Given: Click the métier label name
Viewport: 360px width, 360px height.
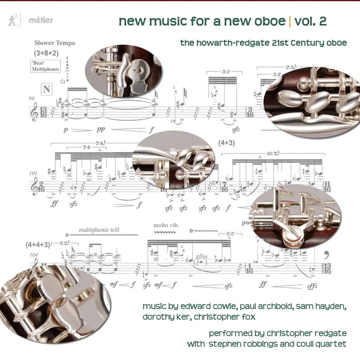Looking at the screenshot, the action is (41, 20).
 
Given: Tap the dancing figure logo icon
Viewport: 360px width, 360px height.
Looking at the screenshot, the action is (13, 20).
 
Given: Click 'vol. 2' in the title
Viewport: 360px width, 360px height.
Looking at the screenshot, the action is (310, 21).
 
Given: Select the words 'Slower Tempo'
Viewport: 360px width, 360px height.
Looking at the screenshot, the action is (55, 43).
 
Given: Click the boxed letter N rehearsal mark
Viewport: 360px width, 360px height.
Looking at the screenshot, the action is (47, 89).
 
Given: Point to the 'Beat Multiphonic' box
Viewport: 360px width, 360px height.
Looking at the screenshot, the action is (46, 66).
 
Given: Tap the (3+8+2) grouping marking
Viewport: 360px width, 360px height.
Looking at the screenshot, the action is (46, 53).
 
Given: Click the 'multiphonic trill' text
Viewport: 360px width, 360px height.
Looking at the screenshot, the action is (99, 230).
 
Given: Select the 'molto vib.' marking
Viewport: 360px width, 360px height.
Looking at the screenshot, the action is (166, 225).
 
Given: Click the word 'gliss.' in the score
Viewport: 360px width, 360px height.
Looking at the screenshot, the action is (202, 256).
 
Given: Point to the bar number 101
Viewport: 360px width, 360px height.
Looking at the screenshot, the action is (34, 173).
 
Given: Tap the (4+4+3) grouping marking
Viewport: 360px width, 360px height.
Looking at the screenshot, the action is (38, 245).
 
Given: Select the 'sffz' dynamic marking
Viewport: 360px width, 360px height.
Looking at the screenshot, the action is (312, 286).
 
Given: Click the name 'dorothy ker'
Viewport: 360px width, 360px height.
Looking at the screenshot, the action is (166, 317).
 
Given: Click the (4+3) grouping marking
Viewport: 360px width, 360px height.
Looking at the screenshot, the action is (227, 143).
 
